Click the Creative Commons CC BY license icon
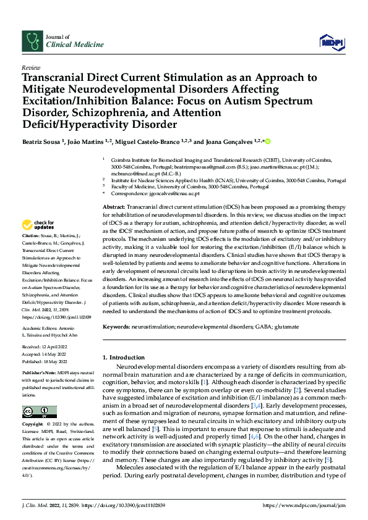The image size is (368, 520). click(x=39, y=411)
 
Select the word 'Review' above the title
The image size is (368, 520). click(x=30, y=67)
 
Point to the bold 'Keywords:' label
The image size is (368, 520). click(x=116, y=325)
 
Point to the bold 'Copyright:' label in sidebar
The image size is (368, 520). click(x=33, y=425)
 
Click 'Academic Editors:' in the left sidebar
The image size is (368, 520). click(x=40, y=329)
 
